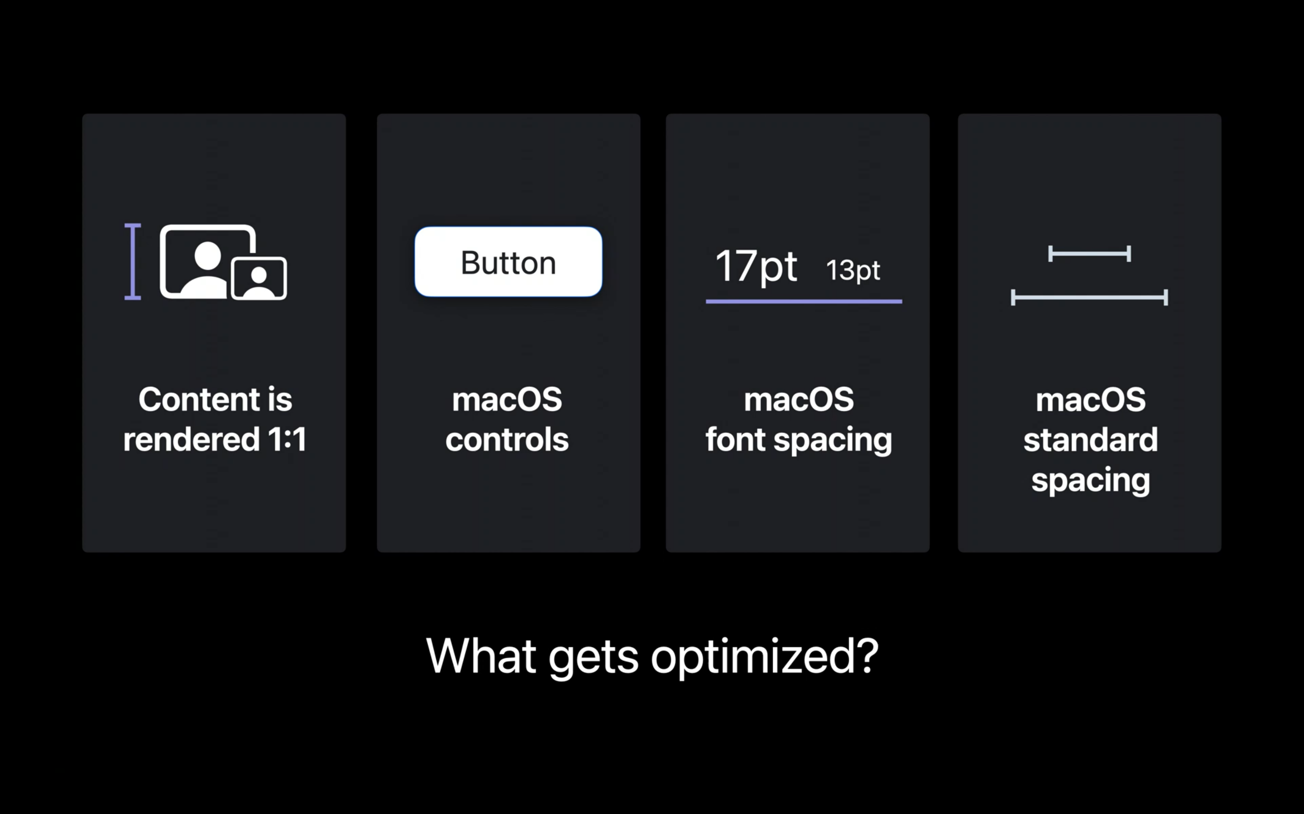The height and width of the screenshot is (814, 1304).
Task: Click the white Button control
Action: pyautogui.click(x=508, y=262)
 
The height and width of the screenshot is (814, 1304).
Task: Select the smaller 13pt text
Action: pyautogui.click(x=853, y=270)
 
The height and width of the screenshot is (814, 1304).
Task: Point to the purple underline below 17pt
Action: pyautogui.click(x=804, y=302)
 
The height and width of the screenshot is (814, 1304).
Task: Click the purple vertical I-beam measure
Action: pyautogui.click(x=133, y=262)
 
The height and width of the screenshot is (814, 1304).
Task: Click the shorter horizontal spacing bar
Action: pyautogui.click(x=1089, y=254)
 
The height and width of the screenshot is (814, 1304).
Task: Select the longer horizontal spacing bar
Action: pyautogui.click(x=1089, y=297)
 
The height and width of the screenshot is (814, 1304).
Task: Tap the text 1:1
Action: pyautogui.click(x=287, y=439)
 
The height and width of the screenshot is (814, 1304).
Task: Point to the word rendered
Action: pyautogui.click(x=191, y=439)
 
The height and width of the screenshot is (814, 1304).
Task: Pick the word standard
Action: pyautogui.click(x=1091, y=439)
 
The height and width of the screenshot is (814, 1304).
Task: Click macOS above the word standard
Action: pyautogui.click(x=1091, y=400)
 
